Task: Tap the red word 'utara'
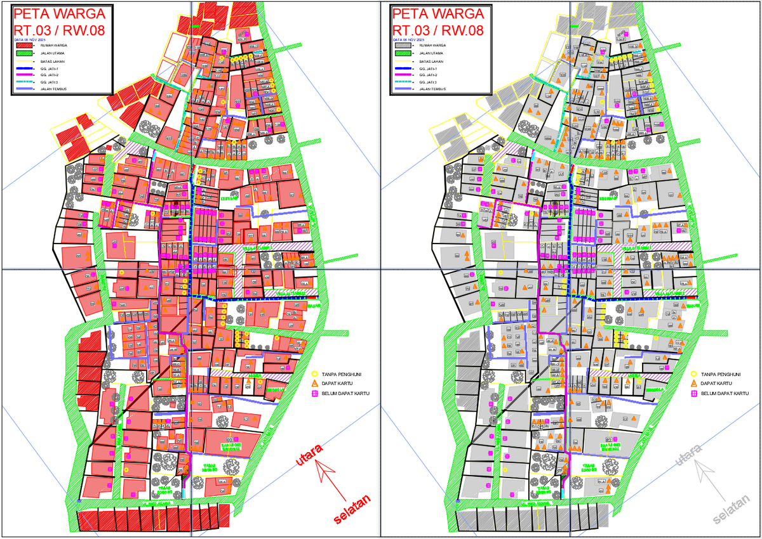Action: click(x=310, y=455)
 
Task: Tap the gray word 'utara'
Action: click(x=690, y=455)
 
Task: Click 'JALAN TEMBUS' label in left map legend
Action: click(x=53, y=89)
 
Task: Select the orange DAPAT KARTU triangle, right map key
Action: click(x=694, y=384)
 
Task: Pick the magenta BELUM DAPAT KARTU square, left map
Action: click(x=314, y=394)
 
